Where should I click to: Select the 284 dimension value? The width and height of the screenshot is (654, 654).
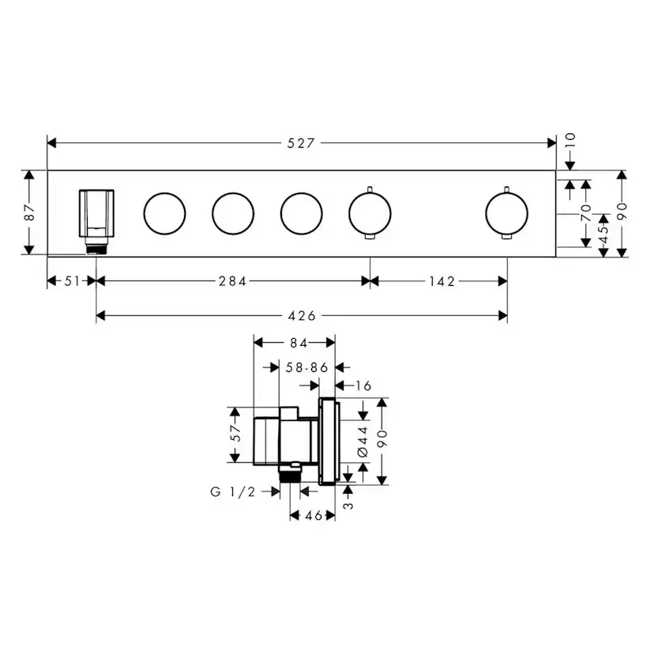(233, 281)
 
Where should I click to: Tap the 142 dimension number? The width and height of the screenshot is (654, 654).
(440, 281)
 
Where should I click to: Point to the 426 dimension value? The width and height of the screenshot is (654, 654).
(302, 316)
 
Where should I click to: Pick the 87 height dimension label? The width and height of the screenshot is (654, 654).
(29, 212)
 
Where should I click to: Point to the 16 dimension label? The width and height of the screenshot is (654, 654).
(363, 385)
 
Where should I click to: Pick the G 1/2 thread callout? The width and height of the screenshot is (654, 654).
(233, 491)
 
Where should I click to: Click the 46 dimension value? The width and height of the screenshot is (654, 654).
(314, 516)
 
